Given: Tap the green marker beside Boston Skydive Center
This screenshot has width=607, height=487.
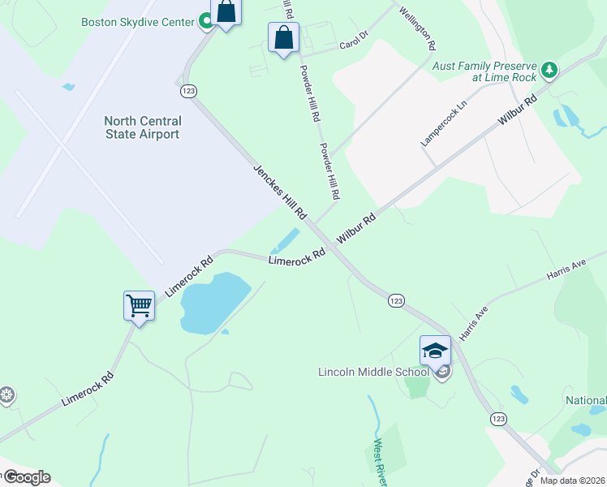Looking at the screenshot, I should (x=207, y=22).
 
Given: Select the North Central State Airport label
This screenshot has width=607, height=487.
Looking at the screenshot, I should (x=143, y=127).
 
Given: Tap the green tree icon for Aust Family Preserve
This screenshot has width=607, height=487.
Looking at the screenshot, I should (x=550, y=71).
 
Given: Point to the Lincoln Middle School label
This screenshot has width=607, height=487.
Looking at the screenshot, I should (x=373, y=372).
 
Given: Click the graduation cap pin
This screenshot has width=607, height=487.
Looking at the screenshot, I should (x=435, y=351).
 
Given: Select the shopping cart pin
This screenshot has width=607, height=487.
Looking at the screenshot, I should (x=139, y=306).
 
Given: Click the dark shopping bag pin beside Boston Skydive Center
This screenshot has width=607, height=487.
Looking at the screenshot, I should (x=226, y=12).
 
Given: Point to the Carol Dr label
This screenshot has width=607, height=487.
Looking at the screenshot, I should (x=354, y=43).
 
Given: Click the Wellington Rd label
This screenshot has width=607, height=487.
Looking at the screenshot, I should (x=416, y=28).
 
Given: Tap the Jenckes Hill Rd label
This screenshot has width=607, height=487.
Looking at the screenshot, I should (x=279, y=192).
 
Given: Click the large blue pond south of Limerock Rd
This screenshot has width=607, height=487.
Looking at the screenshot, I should (x=213, y=304).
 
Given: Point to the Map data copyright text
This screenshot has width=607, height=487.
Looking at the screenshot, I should (x=572, y=481).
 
